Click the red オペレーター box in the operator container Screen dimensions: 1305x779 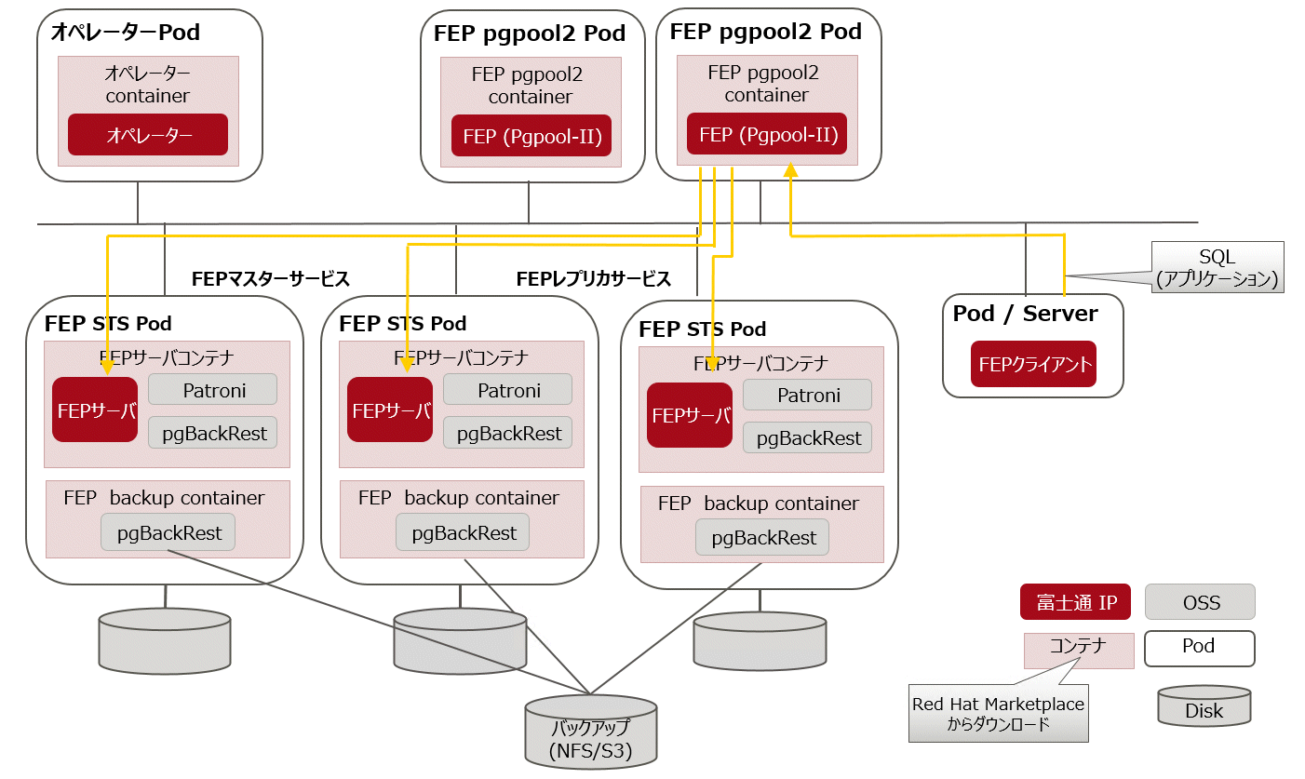[148, 135]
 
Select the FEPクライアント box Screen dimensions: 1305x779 [1033, 364]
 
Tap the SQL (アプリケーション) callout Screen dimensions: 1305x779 [1218, 267]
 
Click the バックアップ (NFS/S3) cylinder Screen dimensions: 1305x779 [591, 732]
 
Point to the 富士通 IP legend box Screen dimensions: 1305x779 [1075, 602]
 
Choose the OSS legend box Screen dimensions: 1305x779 [1200, 602]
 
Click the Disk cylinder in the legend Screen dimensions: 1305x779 [1204, 705]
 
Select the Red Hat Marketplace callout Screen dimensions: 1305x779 [999, 713]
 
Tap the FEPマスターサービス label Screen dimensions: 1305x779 [271, 279]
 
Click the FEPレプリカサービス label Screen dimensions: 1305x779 [594, 279]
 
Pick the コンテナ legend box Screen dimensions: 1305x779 [1079, 651]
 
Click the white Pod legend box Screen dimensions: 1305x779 [1200, 649]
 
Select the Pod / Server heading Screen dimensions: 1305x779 [1026, 314]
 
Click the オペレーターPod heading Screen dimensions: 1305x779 [126, 32]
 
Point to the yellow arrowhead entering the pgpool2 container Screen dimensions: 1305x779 [790, 169]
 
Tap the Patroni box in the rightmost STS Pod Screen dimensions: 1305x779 [807, 395]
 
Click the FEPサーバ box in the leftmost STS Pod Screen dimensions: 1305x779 [95, 410]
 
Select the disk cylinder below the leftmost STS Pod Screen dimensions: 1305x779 [165, 641]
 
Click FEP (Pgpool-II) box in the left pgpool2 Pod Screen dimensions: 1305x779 [531, 136]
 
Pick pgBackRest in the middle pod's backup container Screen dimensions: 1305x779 [464, 532]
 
